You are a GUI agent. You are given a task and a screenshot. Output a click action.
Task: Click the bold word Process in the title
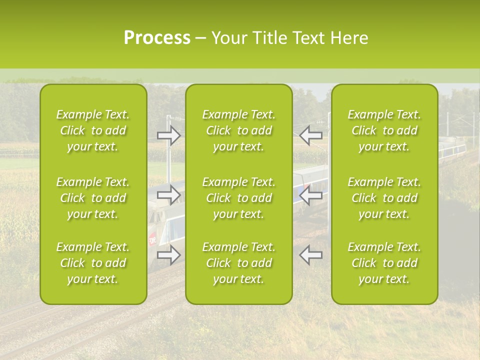[x=157, y=38]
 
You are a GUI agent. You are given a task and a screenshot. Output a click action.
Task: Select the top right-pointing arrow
[x=169, y=135]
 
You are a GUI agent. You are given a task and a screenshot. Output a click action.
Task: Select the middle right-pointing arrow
[x=169, y=195]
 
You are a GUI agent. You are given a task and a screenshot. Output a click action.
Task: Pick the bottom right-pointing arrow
[x=169, y=255]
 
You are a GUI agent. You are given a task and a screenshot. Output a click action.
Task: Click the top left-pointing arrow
[x=310, y=135]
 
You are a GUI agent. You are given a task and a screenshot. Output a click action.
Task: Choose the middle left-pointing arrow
[x=310, y=195]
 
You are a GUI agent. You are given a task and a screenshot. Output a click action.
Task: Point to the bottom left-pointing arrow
[x=310, y=255]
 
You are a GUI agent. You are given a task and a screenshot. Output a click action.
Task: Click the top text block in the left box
[x=93, y=130]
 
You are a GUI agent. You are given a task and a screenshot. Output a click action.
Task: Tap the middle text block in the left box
[x=93, y=198]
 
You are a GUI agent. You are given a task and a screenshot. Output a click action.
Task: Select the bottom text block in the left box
[x=93, y=263]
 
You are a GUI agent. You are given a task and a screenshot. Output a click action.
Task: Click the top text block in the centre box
[x=238, y=130]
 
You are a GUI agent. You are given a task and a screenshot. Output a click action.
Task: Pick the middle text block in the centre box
[x=238, y=198]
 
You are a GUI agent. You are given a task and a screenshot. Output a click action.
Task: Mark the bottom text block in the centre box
[x=238, y=263]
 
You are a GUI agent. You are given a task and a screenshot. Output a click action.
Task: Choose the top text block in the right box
[x=384, y=130]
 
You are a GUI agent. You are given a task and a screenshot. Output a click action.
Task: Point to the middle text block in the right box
[x=384, y=198]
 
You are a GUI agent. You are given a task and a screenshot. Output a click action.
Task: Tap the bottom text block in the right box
[x=384, y=263]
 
